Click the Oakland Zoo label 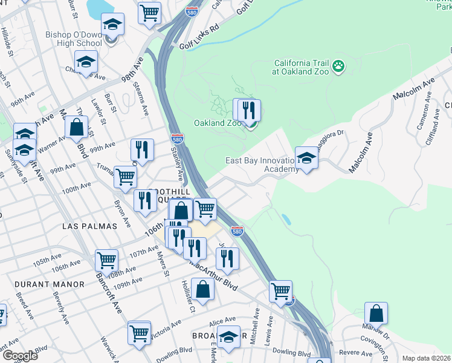[x=218, y=123]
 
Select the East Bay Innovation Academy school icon [x=307, y=159]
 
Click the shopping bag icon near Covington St [x=376, y=314]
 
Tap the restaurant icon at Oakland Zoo [x=249, y=111]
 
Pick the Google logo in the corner [x=19, y=356]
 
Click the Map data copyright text [x=427, y=358]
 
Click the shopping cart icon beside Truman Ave [x=125, y=177]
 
